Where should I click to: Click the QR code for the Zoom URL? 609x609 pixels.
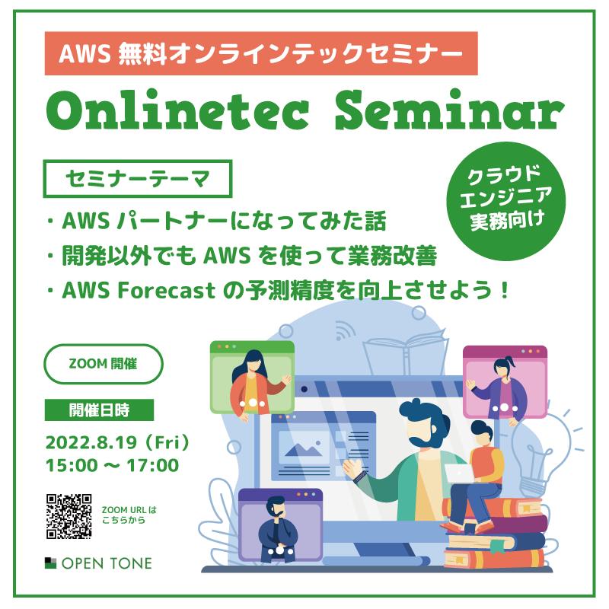point(69,516)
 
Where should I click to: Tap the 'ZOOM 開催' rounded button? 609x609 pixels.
point(104,364)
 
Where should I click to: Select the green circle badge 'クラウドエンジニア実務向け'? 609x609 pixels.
point(505,201)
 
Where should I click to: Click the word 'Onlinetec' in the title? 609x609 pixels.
point(177,110)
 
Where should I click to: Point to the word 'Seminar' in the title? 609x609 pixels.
point(450,110)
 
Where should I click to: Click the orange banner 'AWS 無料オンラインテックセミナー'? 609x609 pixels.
point(261,53)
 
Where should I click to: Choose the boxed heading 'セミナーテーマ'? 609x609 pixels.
point(138,179)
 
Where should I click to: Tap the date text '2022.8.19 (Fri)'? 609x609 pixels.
point(117,442)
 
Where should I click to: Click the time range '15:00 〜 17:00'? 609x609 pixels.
point(112,465)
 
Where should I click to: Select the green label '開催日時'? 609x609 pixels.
point(99,410)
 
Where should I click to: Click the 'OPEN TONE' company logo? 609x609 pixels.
point(98,563)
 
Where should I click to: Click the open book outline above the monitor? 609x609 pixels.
point(406,352)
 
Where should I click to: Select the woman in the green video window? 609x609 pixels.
point(254,384)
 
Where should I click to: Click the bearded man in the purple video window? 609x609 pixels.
point(277,529)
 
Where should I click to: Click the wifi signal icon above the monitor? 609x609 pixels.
point(345,331)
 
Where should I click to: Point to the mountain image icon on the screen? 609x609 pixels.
point(303,449)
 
